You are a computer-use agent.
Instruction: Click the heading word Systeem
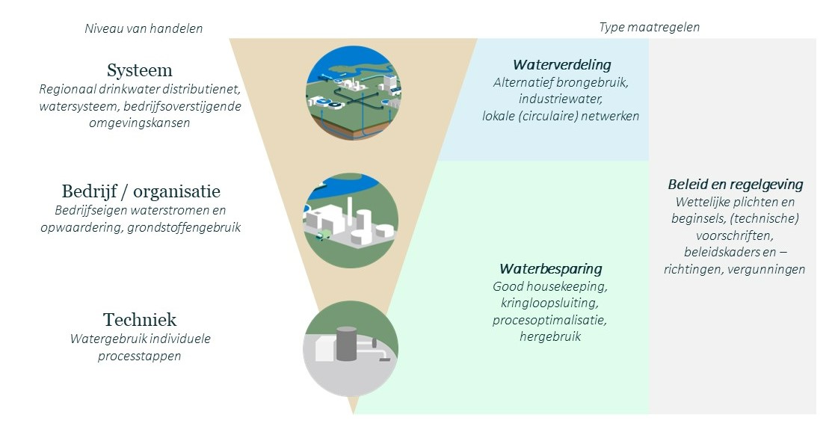(x=140, y=71)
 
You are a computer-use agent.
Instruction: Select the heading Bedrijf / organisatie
(x=141, y=191)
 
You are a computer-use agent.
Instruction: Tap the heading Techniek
(x=140, y=320)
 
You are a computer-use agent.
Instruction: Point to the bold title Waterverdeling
(x=561, y=65)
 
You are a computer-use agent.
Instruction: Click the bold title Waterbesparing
(x=550, y=268)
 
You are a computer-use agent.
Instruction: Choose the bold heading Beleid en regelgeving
(x=735, y=184)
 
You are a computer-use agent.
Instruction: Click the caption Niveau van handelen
(x=144, y=28)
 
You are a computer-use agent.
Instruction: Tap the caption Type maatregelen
(x=649, y=28)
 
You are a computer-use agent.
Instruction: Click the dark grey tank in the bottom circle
(x=347, y=345)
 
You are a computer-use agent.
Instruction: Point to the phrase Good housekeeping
(x=550, y=286)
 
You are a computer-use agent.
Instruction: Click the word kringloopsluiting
(x=550, y=303)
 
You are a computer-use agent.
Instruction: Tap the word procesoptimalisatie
(x=550, y=320)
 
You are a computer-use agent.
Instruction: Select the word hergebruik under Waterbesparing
(x=550, y=337)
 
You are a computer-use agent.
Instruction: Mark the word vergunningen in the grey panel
(x=769, y=269)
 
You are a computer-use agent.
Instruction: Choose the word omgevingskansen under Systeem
(x=141, y=123)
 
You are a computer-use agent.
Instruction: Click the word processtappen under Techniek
(x=140, y=356)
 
